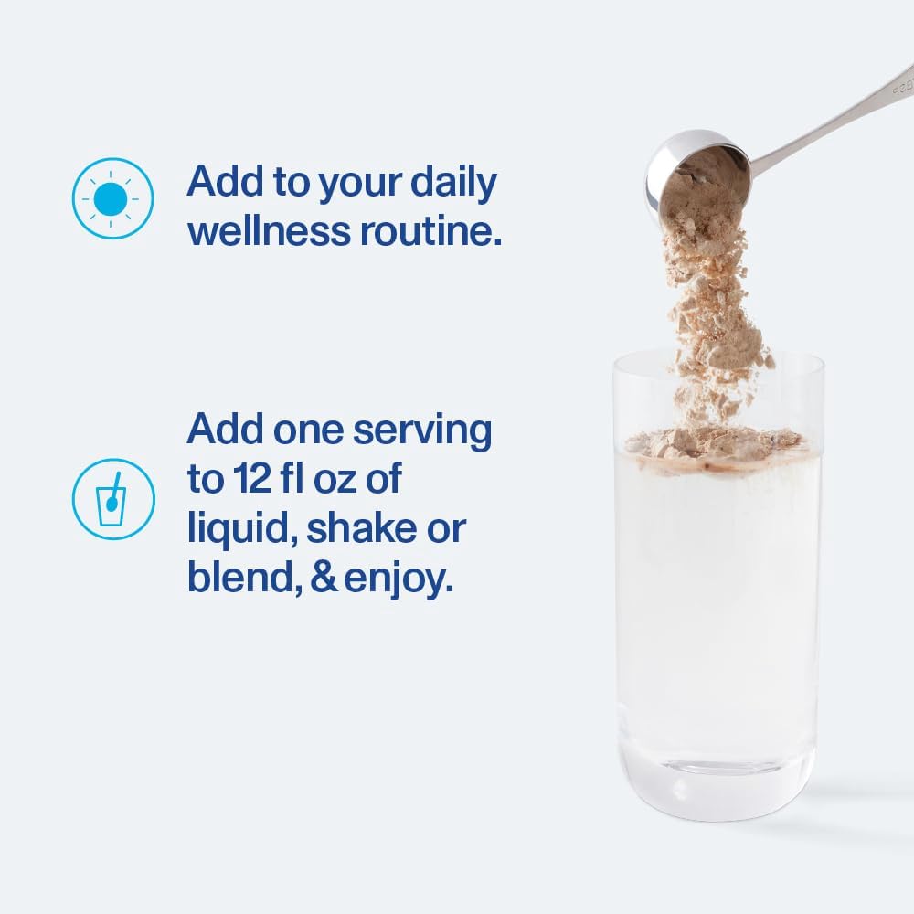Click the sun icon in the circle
[112, 198]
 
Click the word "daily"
[453, 184]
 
